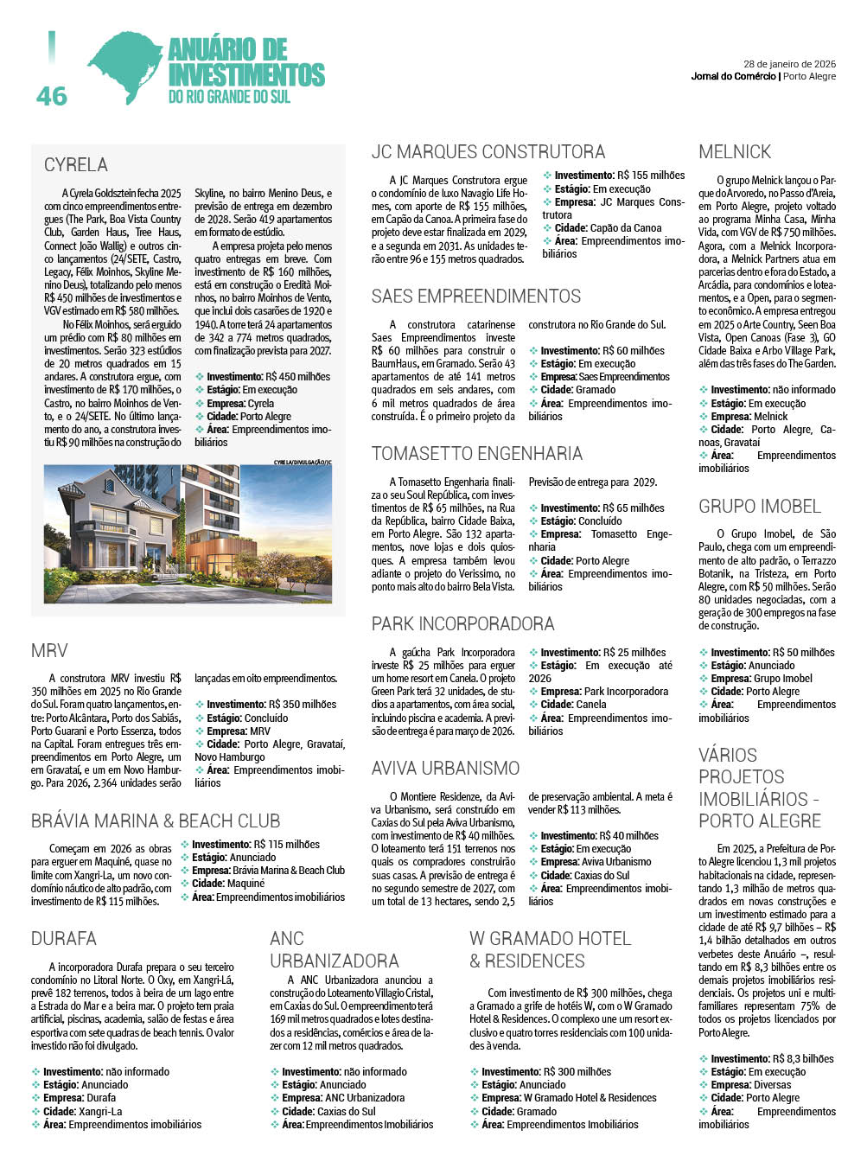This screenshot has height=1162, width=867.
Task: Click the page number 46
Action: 52,95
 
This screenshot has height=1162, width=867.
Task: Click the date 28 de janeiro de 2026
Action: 789,64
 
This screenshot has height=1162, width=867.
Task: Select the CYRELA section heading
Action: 76,164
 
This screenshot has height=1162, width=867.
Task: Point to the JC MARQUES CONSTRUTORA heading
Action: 488,152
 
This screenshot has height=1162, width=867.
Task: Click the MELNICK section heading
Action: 735,152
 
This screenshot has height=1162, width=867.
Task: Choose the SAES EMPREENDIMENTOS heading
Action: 476,297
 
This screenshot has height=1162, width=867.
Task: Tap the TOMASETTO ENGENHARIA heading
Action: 476,454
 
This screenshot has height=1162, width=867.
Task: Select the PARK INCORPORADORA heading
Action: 462,624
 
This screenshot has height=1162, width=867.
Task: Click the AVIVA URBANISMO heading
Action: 445,769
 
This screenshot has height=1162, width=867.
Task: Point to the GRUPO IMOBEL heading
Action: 760,507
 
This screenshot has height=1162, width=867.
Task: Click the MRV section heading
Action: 49,651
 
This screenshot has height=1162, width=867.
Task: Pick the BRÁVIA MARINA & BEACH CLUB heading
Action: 156,821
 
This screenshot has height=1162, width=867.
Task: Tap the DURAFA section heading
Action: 64,939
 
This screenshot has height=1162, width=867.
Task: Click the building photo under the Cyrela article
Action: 188,533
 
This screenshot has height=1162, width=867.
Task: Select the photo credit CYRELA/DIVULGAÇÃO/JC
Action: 303,463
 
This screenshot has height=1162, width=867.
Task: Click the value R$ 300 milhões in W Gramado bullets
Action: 578,1072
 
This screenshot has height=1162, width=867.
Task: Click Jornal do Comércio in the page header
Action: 733,77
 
